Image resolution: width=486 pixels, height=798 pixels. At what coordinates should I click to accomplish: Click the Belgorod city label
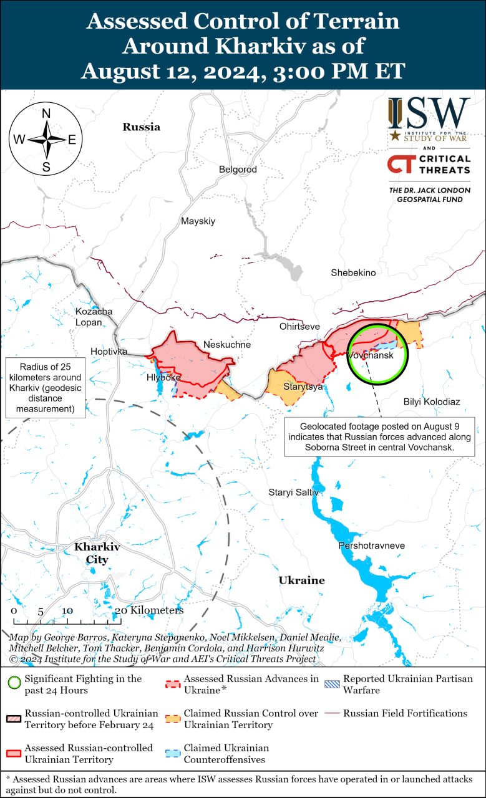coord(238,170)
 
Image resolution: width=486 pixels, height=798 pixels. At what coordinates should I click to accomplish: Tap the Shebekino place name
coord(353,272)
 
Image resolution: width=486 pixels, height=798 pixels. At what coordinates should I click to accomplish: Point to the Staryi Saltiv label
coord(293,493)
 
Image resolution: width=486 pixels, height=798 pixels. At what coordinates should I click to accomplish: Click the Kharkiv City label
coord(97,553)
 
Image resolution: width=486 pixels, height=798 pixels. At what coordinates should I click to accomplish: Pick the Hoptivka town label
coord(109,352)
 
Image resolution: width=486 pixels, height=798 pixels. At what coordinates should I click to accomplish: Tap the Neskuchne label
coord(227,345)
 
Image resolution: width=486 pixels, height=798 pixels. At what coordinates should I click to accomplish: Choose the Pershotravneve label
coord(371,546)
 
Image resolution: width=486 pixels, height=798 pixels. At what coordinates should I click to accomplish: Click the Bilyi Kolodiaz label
coord(432,402)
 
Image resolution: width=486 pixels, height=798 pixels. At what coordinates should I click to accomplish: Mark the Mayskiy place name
coord(198,221)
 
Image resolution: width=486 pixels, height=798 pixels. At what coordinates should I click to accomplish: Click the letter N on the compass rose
coord(46,113)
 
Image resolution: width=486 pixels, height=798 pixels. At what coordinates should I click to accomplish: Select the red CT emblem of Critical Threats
coord(400,165)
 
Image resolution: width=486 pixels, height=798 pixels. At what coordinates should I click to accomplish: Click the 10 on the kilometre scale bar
coord(67,610)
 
